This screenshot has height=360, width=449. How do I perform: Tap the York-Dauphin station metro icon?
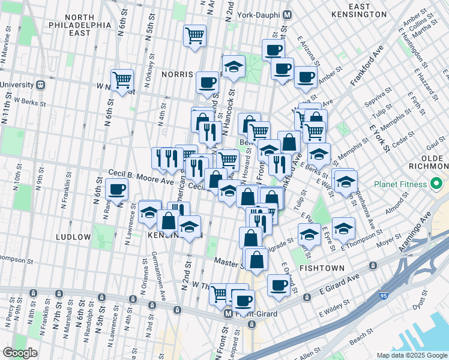[x=288, y=14]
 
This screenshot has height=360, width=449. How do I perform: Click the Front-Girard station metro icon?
[x=228, y=314]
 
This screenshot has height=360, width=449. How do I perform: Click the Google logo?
[x=20, y=353]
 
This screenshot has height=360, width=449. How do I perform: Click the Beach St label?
[x=363, y=340]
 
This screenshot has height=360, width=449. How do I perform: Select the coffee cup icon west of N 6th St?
[x=116, y=190]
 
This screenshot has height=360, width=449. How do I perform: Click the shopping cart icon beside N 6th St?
[x=122, y=79]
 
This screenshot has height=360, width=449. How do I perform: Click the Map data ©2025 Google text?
[x=412, y=355]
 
